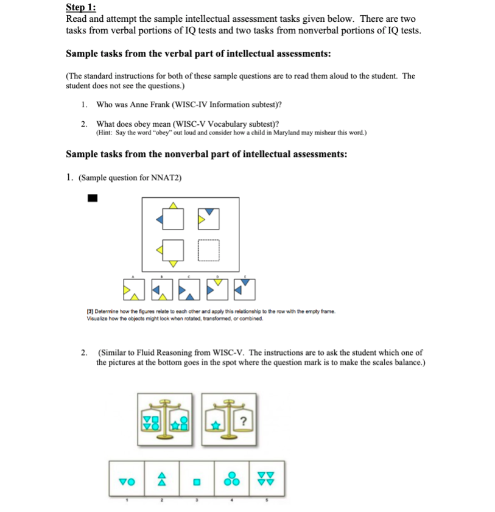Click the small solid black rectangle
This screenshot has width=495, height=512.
pos(93,197)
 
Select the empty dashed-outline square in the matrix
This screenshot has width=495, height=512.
pos(208,250)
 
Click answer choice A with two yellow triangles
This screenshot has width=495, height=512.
pos(133,290)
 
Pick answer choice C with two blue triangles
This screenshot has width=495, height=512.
pos(189,290)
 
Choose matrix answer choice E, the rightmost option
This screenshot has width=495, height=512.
pos(245,290)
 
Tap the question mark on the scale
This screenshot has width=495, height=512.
pos(244,420)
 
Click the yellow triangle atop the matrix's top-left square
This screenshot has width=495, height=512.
pos(173,205)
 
